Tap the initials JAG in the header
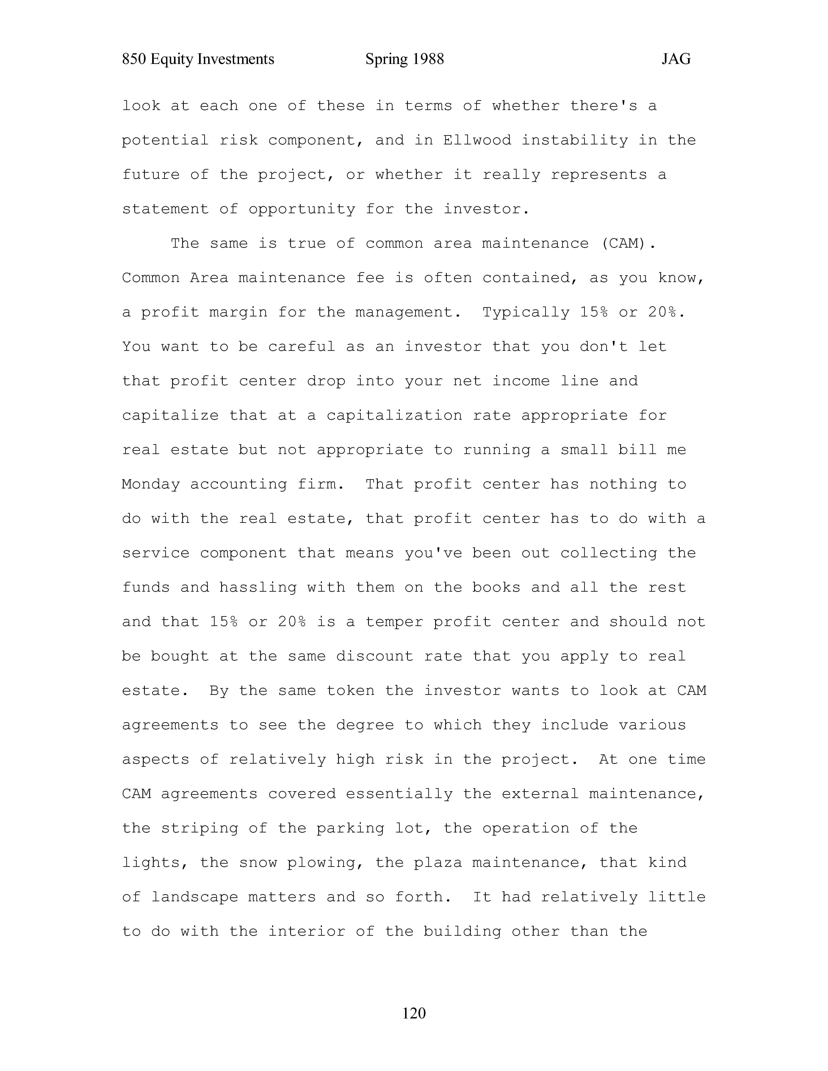tap(676, 59)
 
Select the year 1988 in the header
tap(428, 59)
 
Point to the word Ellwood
tap(477, 141)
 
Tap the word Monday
tap(151, 485)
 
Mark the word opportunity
tap(302, 209)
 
